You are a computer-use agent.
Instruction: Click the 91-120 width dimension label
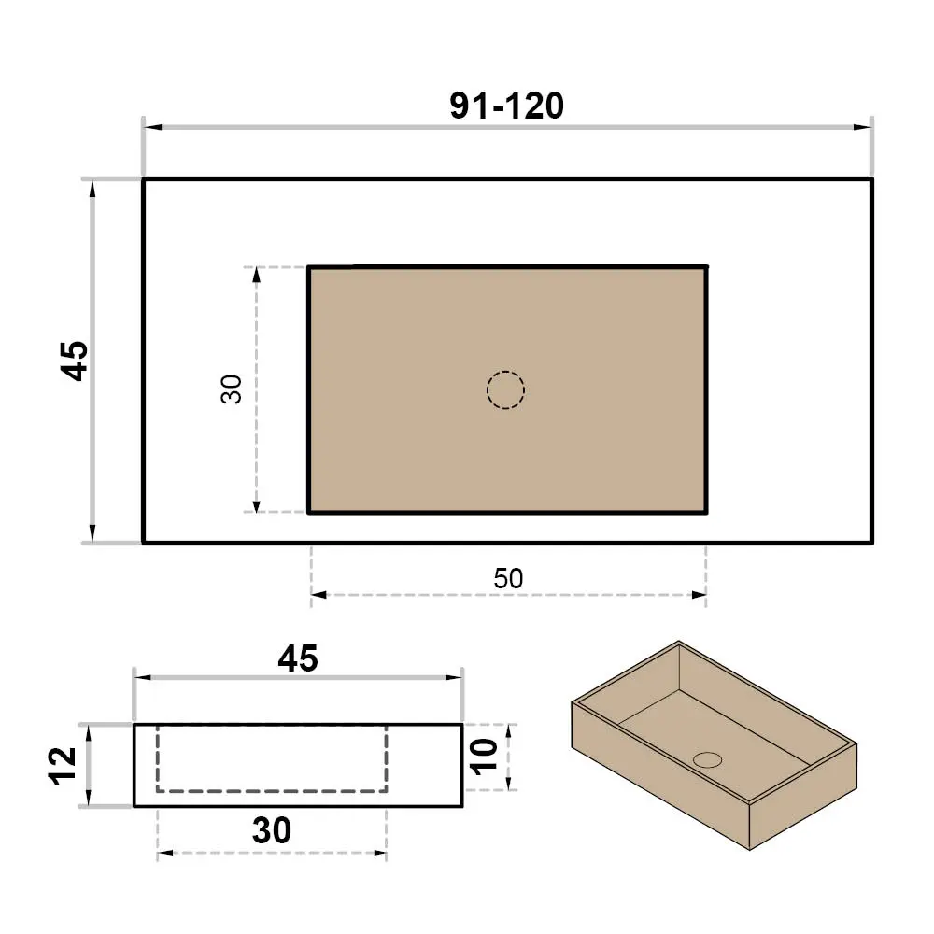click(x=506, y=106)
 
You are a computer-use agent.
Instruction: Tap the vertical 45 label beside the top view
click(x=75, y=361)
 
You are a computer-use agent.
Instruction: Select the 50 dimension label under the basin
click(x=508, y=578)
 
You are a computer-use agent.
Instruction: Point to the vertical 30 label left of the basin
click(x=231, y=389)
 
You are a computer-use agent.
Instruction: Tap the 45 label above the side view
click(x=298, y=658)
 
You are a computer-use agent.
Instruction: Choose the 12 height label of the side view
click(x=63, y=766)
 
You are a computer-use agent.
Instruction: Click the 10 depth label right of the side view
click(x=484, y=757)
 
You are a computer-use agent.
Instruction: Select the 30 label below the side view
click(x=272, y=830)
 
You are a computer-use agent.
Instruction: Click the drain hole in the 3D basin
click(x=708, y=759)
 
